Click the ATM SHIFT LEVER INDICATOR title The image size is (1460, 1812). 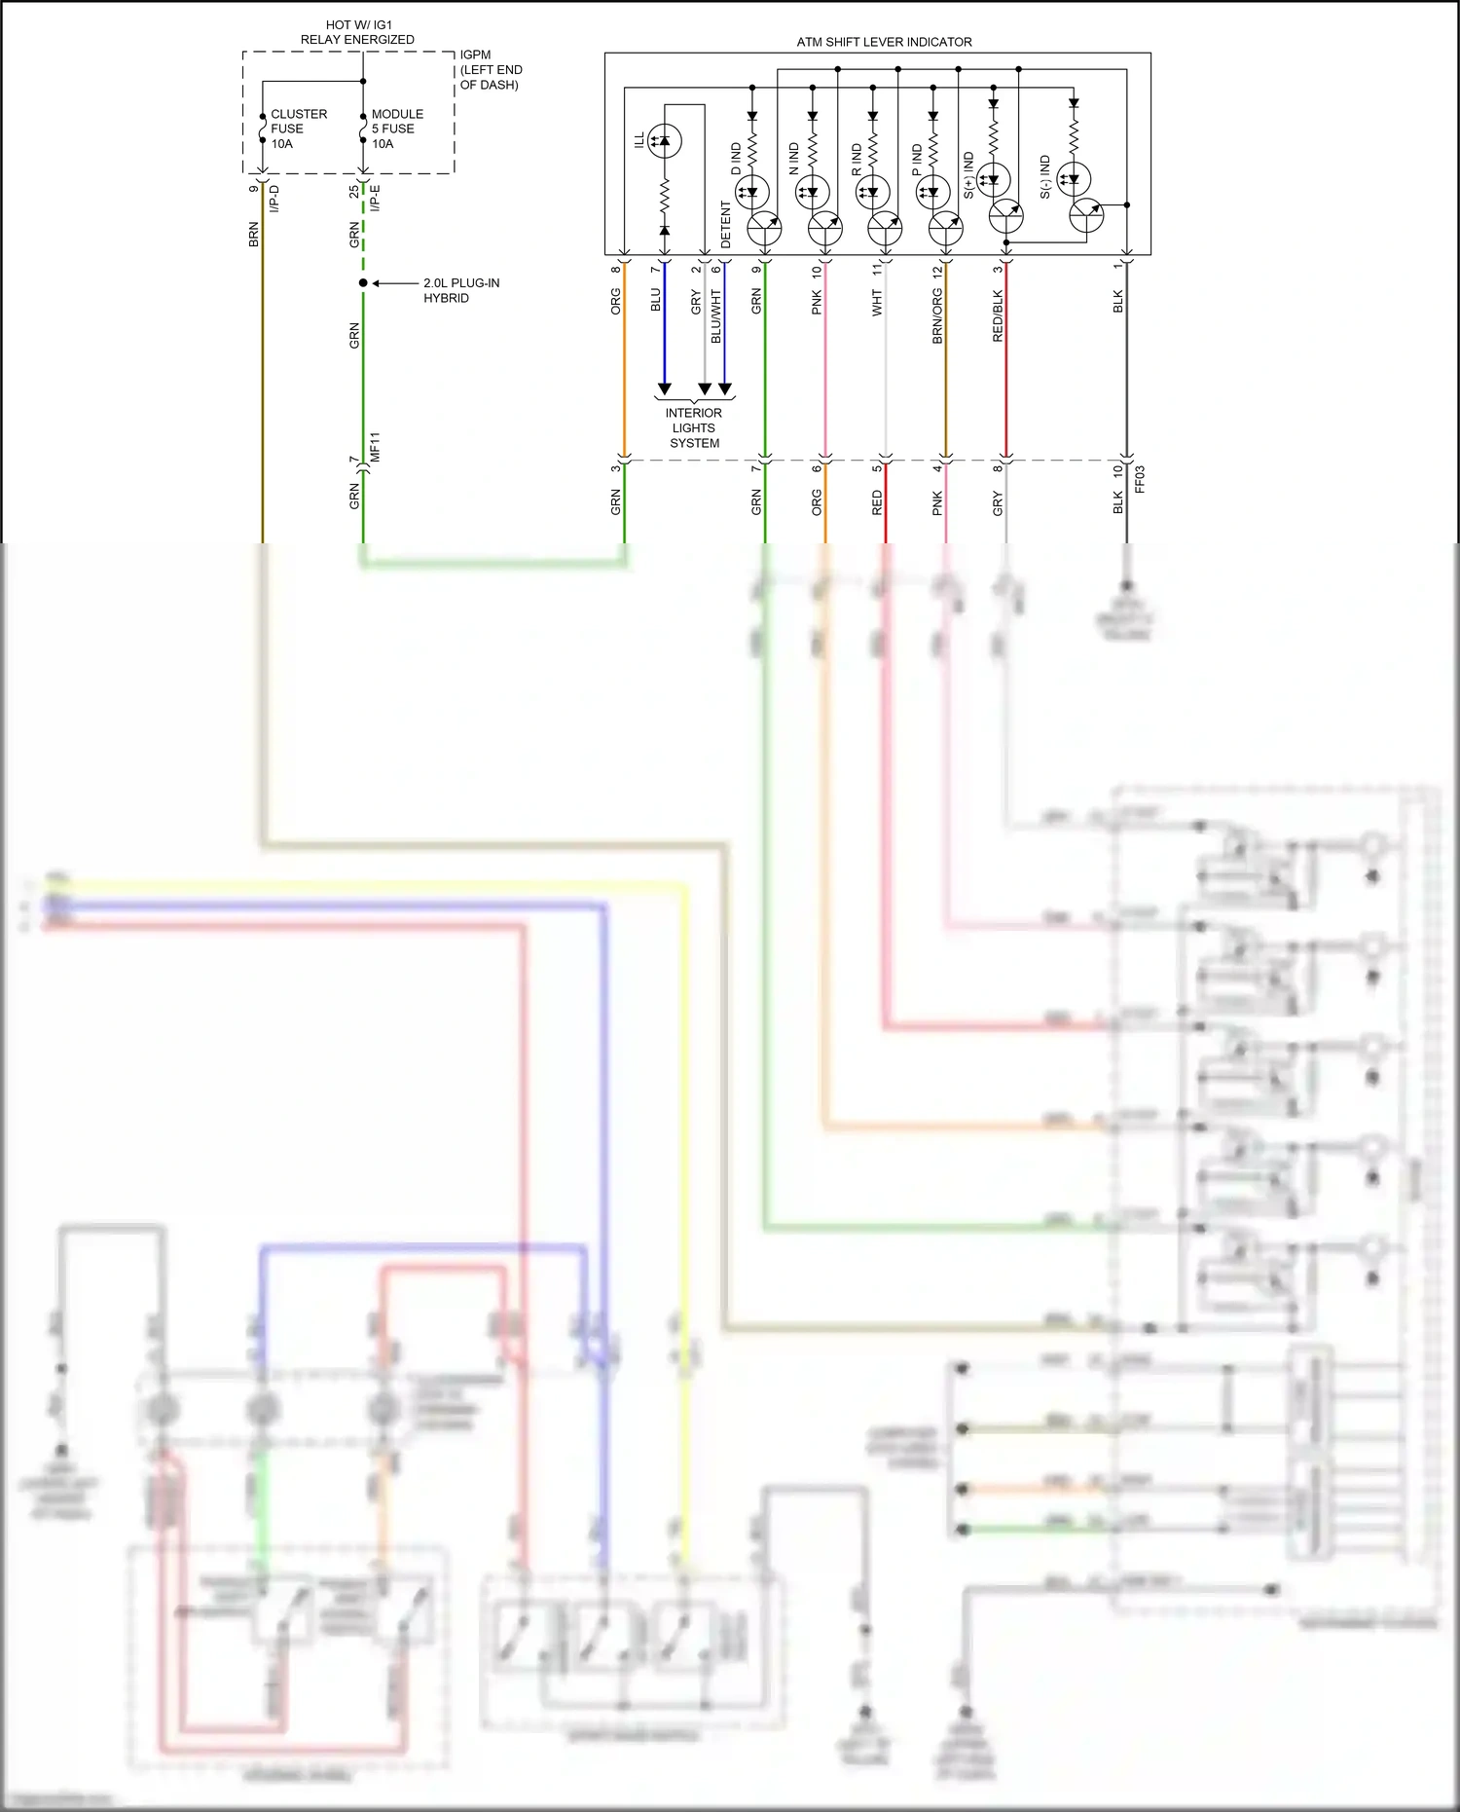pos(884,42)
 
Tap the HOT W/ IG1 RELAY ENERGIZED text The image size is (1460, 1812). pos(357,32)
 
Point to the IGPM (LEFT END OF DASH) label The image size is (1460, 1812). pos(491,70)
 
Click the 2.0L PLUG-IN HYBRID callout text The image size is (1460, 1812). pos(460,290)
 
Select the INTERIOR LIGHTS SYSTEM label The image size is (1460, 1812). pos(694,427)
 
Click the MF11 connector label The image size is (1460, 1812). pos(375,447)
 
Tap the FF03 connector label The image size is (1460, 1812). pos(1140,479)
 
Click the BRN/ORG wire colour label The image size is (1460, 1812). pos(937,315)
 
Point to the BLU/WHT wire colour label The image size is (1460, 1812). pos(715,315)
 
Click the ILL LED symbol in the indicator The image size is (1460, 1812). pos(664,141)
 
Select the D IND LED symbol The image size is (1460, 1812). pos(752,191)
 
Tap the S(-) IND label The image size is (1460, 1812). pos(1044,176)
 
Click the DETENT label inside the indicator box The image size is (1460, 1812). pos(725,225)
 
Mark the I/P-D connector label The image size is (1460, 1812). pos(274,199)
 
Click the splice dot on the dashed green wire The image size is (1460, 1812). pos(363,283)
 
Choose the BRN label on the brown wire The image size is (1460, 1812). pos(254,235)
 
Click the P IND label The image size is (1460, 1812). pos(917,160)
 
